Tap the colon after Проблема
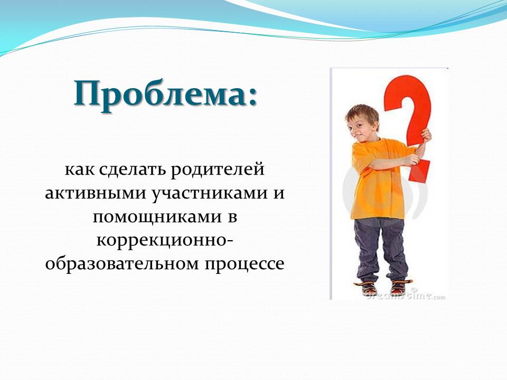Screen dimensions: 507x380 coord(253,97)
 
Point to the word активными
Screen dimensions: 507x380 coord(96,193)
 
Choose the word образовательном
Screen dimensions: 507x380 coord(121,263)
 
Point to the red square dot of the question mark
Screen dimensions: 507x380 coord(419,171)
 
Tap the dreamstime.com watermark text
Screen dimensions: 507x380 coord(406,296)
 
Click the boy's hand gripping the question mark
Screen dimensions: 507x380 coord(426,136)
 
